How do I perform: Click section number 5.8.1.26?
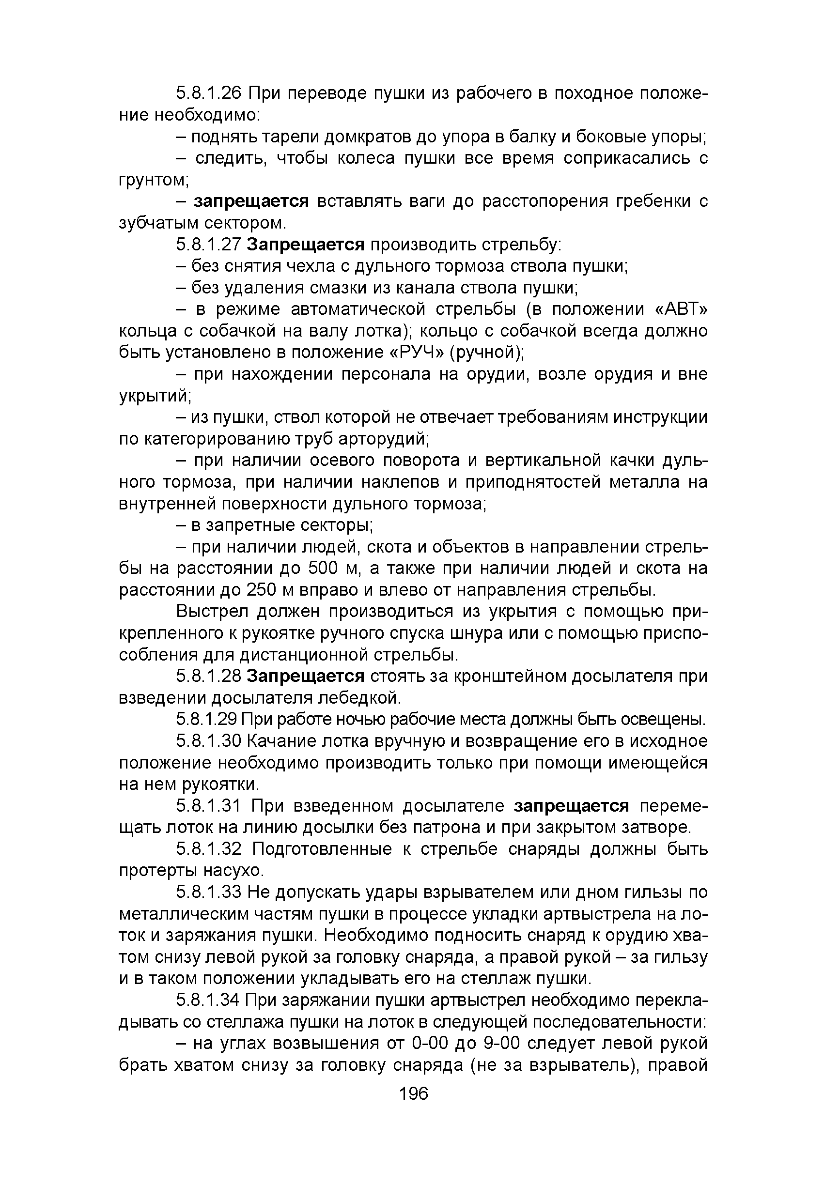209,93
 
